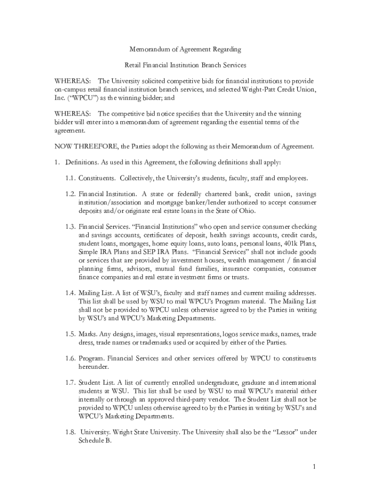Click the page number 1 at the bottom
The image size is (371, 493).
coord(314,467)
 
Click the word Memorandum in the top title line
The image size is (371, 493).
coord(148,49)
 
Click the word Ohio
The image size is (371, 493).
coord(246,211)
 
